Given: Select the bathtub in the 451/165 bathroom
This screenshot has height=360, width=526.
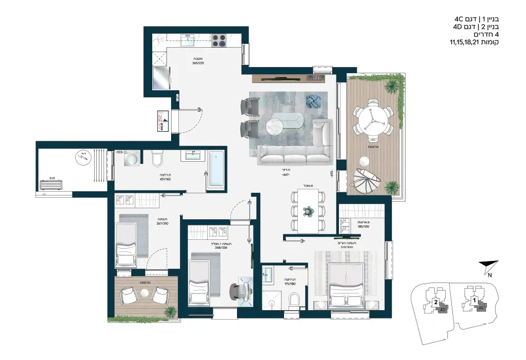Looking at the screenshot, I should pyautogui.click(x=216, y=170).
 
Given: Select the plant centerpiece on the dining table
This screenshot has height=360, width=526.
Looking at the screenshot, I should pyautogui.click(x=308, y=210).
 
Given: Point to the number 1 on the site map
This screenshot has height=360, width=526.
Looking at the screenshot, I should pyautogui.click(x=475, y=300).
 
